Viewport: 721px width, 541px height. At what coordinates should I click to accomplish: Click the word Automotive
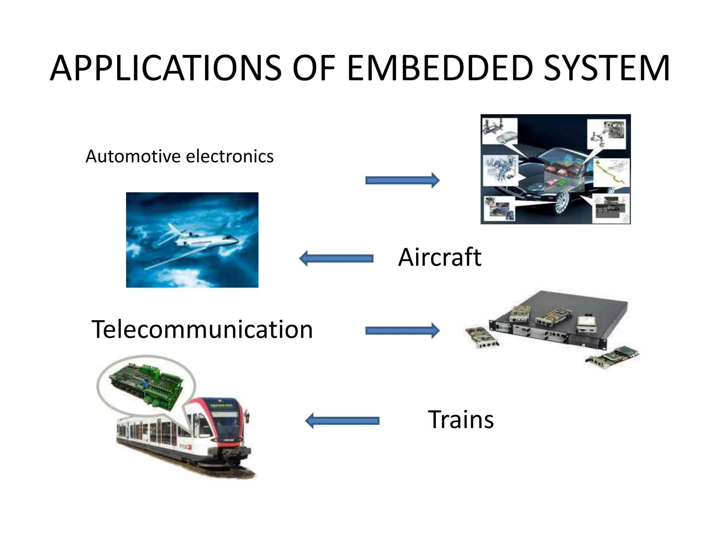(133, 156)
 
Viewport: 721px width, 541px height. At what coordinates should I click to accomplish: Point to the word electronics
(230, 156)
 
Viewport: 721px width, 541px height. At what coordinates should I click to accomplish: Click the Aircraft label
(439, 257)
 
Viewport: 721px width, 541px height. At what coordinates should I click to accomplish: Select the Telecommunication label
(202, 329)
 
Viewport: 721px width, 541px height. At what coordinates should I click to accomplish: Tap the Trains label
(460, 419)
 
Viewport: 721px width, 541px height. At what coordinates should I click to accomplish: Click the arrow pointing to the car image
(402, 180)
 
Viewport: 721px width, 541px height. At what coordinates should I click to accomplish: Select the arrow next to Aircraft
(336, 259)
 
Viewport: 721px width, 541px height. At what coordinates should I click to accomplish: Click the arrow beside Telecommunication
(402, 330)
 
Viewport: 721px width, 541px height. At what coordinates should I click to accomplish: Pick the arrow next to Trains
(342, 421)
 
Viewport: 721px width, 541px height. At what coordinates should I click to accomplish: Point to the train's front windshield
(225, 421)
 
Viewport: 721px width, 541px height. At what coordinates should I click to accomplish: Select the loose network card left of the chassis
(482, 337)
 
